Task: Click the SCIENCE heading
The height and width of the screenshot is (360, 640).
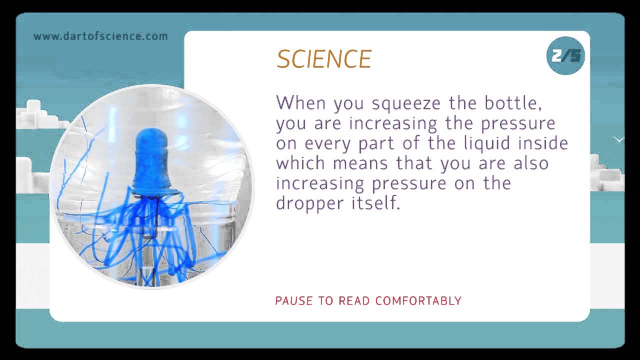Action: [324, 59]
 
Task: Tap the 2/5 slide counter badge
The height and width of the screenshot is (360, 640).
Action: [566, 55]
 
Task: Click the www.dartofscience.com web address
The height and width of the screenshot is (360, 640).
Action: [100, 36]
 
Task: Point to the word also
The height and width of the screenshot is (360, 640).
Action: [529, 163]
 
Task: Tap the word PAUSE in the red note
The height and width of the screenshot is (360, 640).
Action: [293, 301]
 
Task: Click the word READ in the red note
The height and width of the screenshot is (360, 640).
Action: [354, 301]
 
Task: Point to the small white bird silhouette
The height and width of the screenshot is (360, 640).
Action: [618, 139]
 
